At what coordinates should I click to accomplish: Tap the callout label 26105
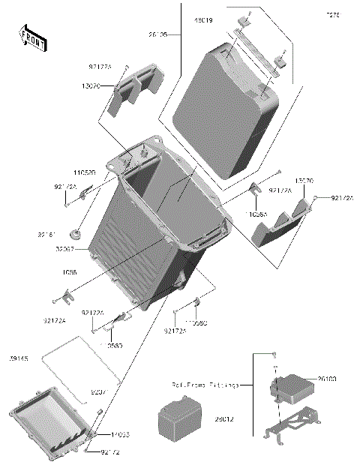157,34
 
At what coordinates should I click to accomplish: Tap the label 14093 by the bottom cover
121,435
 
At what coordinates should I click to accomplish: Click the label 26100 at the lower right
327,380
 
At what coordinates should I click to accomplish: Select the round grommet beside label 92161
78,229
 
